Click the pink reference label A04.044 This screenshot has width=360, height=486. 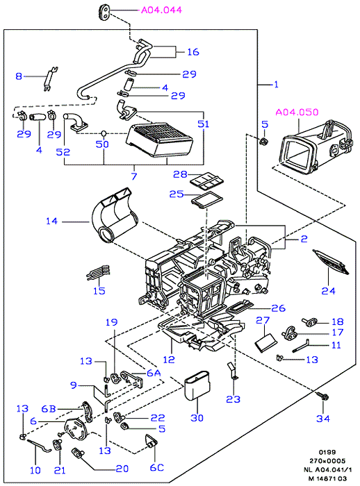pos(161,10)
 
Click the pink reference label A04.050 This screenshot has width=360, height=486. pos(297,112)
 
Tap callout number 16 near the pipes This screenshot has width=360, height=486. pos(193,52)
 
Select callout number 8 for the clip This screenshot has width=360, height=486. pos(19,76)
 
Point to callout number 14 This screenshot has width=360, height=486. pos(52,221)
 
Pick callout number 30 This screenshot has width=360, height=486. pos(197,418)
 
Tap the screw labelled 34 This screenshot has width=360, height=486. pos(323,396)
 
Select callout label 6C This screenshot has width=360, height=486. pos(157,467)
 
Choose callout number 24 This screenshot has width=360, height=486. pos(328,291)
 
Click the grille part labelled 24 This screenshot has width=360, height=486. pos(331,262)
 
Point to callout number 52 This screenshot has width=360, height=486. pos(63,152)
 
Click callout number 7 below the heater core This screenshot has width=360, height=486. pos(134,176)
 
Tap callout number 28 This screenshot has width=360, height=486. pos(180,174)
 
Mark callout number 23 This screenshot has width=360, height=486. pos(233,399)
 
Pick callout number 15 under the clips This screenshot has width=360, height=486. pos(99,291)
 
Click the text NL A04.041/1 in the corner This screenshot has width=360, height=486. pos(325,470)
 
